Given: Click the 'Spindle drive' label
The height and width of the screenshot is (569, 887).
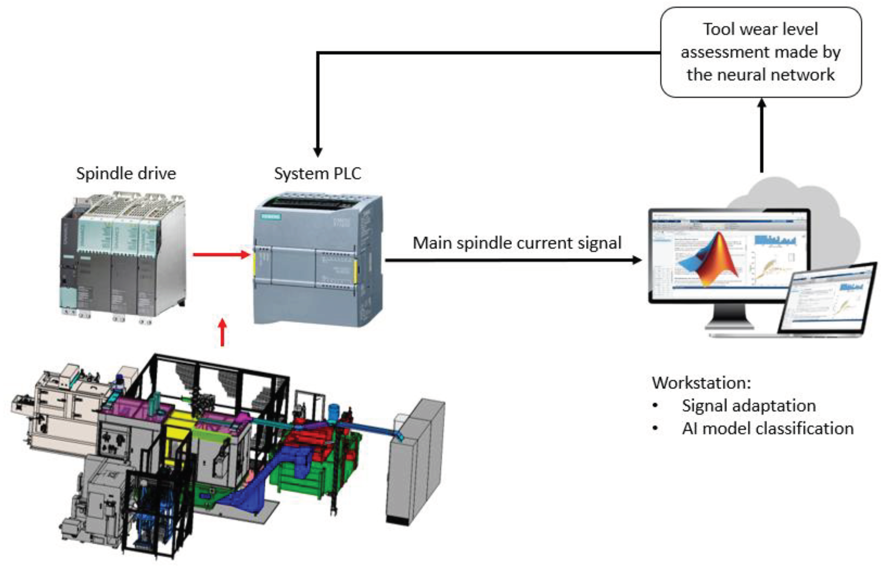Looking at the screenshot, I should tap(126, 174).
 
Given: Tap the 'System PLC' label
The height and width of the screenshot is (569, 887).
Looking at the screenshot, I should tap(317, 174).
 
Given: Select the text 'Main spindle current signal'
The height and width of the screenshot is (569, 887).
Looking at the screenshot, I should tap(517, 243).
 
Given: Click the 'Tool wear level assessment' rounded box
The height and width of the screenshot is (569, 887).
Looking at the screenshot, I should tap(761, 52).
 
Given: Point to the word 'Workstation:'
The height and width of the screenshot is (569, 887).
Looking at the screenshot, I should tap(701, 382).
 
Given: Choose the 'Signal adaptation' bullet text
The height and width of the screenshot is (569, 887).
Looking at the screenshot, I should tap(748, 406).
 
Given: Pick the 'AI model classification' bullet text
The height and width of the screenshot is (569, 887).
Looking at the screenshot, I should tap(768, 429).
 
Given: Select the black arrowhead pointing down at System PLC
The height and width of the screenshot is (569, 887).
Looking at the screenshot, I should tap(317, 151).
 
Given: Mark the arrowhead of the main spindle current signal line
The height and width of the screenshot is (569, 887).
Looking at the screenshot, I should tap(637, 260).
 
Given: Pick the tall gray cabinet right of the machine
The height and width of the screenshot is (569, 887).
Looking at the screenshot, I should tap(416, 462).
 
